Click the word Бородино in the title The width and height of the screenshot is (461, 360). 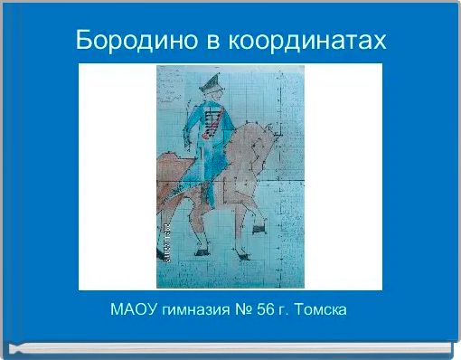pyautogui.click(x=132, y=41)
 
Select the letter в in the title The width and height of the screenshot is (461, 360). pyautogui.click(x=210, y=41)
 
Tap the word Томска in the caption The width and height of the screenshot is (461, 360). pyautogui.click(x=323, y=310)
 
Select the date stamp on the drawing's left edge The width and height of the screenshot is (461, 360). pyautogui.click(x=163, y=244)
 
